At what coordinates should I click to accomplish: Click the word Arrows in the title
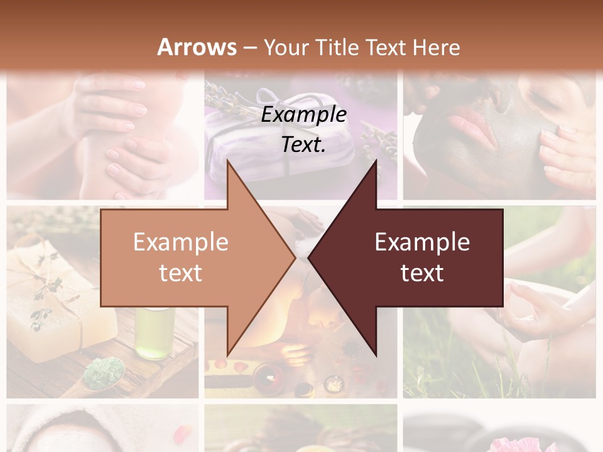point(197,47)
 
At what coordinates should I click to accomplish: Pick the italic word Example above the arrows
point(303,115)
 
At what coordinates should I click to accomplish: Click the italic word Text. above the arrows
point(303,145)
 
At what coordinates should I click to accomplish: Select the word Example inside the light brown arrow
point(180,242)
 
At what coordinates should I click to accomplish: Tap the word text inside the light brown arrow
point(180,273)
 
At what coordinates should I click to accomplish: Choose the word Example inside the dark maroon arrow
point(422,242)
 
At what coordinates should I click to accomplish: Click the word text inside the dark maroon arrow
point(422,273)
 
